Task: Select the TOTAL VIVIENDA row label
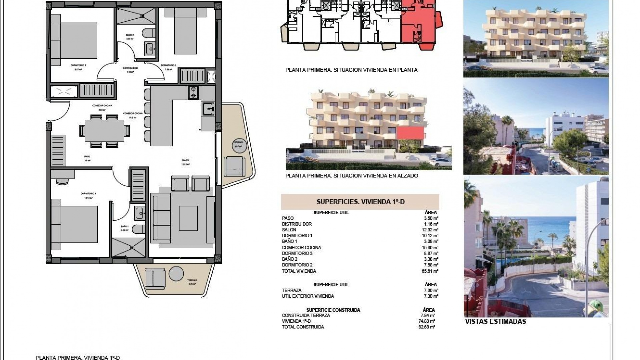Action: click(x=299, y=271)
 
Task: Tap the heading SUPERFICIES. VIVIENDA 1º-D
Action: click(x=360, y=202)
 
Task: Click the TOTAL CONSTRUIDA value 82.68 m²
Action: click(x=428, y=327)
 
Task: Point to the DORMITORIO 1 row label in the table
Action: click(x=297, y=235)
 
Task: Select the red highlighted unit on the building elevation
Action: click(x=410, y=133)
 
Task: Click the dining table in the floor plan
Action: click(x=104, y=131)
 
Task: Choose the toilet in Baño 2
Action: click(x=147, y=34)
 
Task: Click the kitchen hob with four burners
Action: click(x=193, y=92)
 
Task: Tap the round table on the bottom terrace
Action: click(x=176, y=274)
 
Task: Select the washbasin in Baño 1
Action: click(x=140, y=213)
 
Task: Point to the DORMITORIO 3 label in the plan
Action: click(x=78, y=65)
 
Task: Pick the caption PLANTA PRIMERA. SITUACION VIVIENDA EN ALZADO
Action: click(x=351, y=176)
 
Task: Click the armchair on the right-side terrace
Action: click(x=234, y=166)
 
